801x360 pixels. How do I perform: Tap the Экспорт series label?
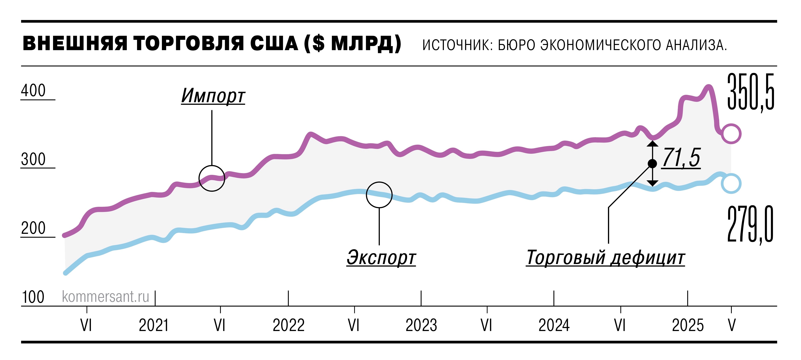click(x=381, y=257)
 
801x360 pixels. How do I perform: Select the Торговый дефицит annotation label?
click(x=605, y=257)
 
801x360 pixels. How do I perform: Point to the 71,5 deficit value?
click(x=681, y=158)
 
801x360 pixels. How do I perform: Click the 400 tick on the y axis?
click(x=33, y=91)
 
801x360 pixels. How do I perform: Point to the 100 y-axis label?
click(x=33, y=297)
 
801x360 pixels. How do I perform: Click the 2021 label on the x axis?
click(x=154, y=325)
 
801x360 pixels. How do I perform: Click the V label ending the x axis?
click(x=732, y=325)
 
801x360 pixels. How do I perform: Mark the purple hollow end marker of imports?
click(x=731, y=134)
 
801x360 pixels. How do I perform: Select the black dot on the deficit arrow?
click(x=652, y=163)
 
